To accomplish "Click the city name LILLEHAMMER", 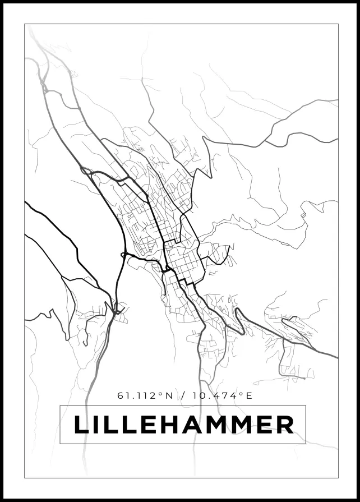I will coord(183,424).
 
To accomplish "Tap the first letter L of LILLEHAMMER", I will coord(82,424).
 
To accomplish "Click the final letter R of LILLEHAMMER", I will coord(285,424).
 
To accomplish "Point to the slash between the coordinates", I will coord(183,396).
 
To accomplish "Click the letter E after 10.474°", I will coord(249,396).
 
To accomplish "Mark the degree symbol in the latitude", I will coord(160,394).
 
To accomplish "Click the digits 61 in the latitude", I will coord(122,396).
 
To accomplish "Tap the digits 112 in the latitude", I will coord(146,396).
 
